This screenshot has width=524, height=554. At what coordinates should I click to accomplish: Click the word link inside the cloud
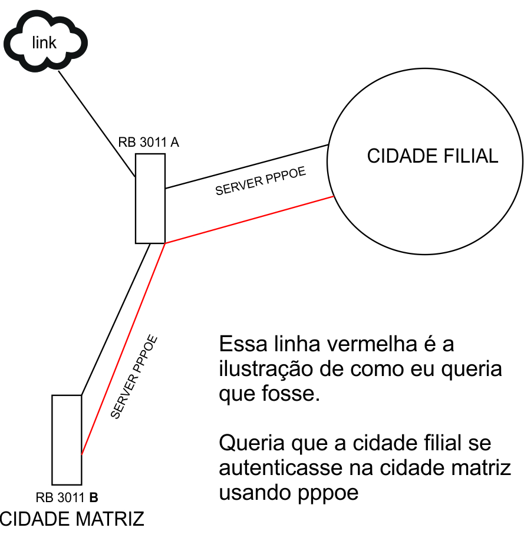pyautogui.click(x=45, y=42)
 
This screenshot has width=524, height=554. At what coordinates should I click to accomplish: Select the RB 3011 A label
pyautogui.click(x=149, y=143)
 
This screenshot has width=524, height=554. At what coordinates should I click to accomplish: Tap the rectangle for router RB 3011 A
pyautogui.click(x=150, y=198)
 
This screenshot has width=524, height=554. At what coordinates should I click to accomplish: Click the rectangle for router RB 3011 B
pyautogui.click(x=67, y=439)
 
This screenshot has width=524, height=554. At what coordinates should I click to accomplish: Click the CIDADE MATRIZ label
pyautogui.click(x=72, y=519)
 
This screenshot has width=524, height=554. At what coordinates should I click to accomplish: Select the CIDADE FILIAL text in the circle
pyautogui.click(x=433, y=156)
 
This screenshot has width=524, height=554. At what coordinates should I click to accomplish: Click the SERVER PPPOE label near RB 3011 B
pyautogui.click(x=134, y=377)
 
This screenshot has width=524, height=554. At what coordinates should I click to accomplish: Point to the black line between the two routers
pyautogui.click(x=115, y=318)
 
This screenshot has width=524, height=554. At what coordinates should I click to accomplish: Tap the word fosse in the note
pyautogui.click(x=291, y=394)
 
